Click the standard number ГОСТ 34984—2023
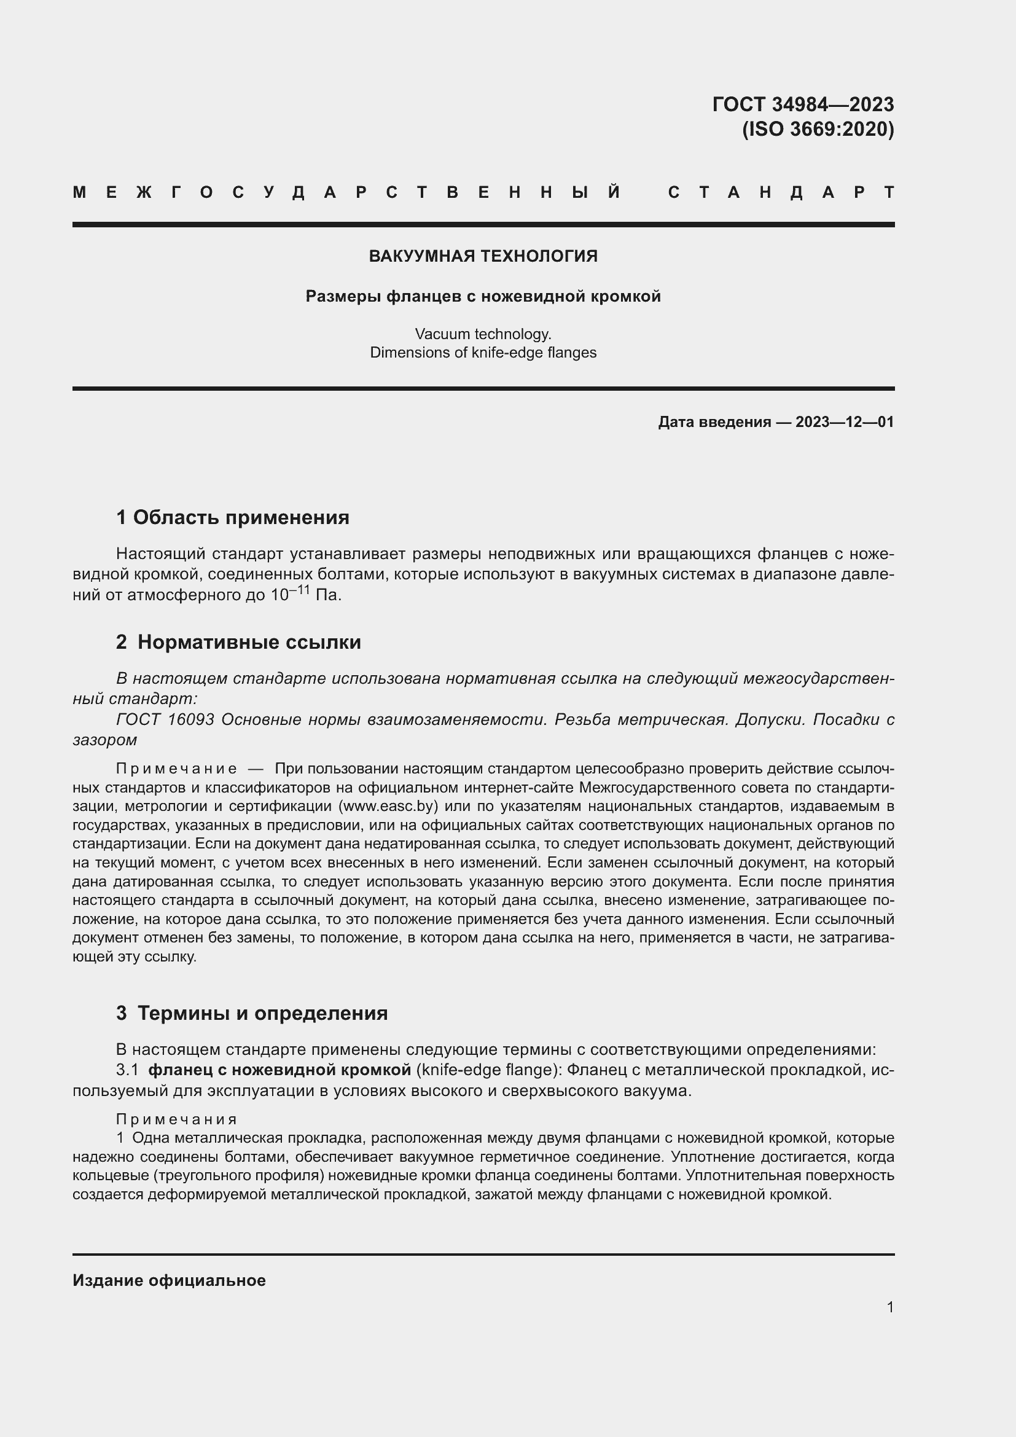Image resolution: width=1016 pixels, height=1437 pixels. [x=803, y=104]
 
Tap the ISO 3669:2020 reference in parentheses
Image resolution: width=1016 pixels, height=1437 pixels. [x=818, y=129]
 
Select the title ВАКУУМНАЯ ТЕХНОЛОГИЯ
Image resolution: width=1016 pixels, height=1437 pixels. [x=483, y=256]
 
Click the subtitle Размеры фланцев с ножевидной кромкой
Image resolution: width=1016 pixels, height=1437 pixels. [x=483, y=296]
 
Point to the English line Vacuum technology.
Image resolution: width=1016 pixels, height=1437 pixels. [x=483, y=334]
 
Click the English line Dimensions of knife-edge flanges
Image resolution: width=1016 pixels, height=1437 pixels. [x=483, y=353]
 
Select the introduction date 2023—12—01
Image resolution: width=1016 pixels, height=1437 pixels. [x=845, y=422]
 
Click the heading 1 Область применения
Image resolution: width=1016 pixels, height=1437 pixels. [x=233, y=517]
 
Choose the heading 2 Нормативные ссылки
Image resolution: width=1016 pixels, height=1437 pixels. [x=238, y=641]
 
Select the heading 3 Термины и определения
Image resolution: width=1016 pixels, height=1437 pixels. [x=251, y=1012]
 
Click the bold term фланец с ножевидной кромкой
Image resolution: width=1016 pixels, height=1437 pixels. [x=279, y=1070]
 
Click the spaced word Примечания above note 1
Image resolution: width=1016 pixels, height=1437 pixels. [x=177, y=1119]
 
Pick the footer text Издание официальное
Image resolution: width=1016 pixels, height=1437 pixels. [x=169, y=1280]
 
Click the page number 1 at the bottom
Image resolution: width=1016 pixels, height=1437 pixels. [x=890, y=1307]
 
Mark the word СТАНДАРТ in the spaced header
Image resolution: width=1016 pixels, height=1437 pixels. [x=781, y=192]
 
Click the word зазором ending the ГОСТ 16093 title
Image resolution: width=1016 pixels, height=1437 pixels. [x=104, y=740]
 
